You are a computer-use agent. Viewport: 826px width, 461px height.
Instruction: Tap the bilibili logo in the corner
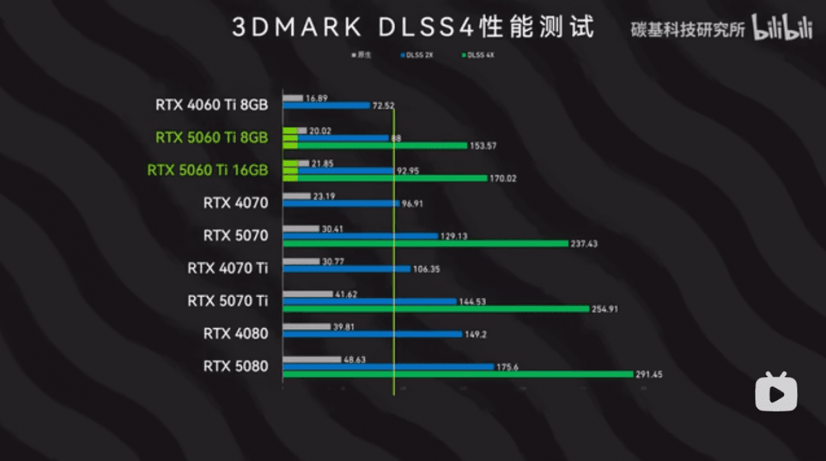tap(782, 30)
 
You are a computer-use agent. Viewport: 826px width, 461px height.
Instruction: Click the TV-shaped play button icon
tap(776, 392)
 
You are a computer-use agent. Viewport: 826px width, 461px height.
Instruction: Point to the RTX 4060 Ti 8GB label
tap(211, 105)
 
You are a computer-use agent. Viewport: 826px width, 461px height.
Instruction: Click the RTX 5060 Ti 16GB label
tap(207, 170)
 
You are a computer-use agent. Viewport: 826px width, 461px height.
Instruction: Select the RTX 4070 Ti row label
tap(227, 268)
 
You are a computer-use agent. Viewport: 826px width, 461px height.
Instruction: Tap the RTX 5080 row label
tap(235, 366)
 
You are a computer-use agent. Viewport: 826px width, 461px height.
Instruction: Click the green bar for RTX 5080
tap(458, 374)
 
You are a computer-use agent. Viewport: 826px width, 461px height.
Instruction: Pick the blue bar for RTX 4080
tap(372, 334)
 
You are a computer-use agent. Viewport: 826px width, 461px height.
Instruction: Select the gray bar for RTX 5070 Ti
tap(308, 294)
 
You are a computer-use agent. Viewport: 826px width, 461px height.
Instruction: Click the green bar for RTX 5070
tap(425, 244)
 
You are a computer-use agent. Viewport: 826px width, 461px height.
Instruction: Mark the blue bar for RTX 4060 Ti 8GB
tap(326, 105)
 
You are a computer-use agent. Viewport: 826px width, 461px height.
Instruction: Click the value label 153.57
tap(482, 146)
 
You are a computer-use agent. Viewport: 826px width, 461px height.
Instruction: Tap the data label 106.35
tap(427, 269)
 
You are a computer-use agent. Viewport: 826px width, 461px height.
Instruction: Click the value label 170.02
tap(502, 179)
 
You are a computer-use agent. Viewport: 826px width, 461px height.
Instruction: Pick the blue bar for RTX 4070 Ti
tap(347, 268)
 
